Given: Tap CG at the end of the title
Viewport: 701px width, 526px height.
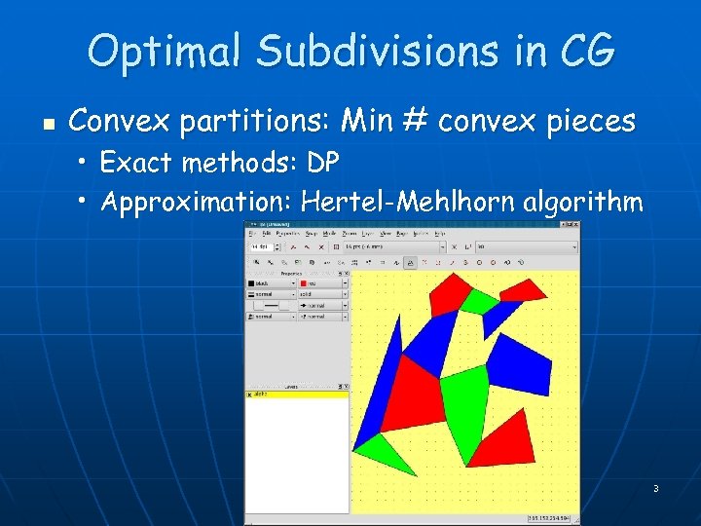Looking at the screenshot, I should (x=590, y=51).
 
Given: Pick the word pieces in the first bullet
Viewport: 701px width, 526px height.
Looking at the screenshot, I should (x=590, y=122).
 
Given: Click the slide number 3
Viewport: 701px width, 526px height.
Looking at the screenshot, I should (x=655, y=488).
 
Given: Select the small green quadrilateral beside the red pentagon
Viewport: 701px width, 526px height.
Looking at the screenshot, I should (x=478, y=300).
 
